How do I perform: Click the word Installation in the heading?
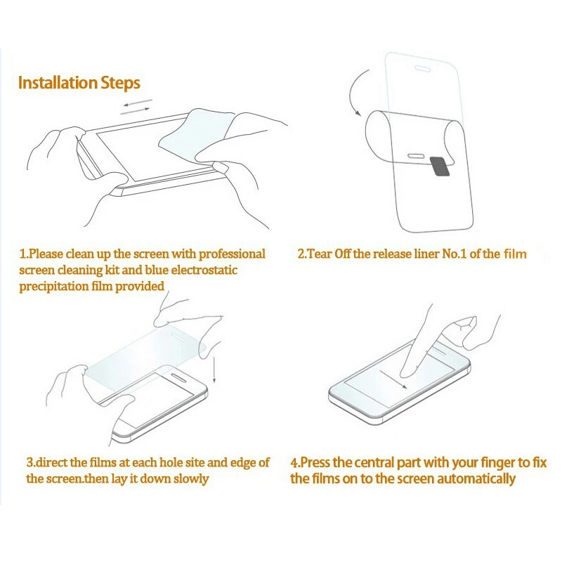(x=58, y=82)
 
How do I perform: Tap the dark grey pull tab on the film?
(x=440, y=166)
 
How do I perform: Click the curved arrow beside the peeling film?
(x=353, y=92)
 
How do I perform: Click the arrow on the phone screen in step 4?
(x=393, y=379)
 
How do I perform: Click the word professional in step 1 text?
(x=232, y=254)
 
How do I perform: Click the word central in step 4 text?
(x=374, y=463)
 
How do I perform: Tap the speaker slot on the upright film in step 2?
(x=423, y=68)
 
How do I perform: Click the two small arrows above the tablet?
(x=136, y=107)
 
